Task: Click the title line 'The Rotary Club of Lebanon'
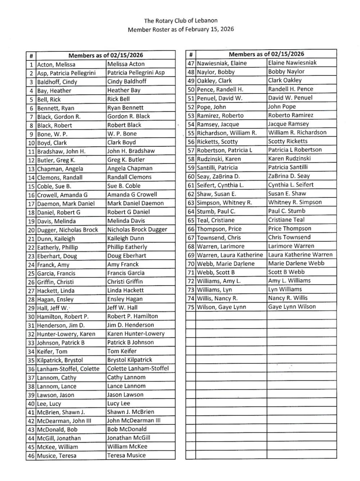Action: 181,21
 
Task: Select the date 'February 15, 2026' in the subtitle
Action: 210,29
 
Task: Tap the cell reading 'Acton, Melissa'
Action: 56,65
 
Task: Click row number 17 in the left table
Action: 31,204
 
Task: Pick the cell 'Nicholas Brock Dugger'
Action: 137,230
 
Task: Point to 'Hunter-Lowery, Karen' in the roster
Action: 66,334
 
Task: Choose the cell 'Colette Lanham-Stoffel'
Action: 138,368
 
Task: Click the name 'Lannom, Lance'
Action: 57,386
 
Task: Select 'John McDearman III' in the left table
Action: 134,421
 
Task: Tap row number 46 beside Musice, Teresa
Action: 31,456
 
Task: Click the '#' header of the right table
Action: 191,55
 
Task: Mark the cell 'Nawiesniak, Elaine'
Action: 222,63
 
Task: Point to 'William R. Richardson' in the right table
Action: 297,132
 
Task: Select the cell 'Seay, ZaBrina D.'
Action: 219,176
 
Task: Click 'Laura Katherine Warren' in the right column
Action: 300,255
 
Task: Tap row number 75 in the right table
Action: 191,307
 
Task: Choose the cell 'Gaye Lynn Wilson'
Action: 292,307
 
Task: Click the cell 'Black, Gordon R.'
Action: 59,117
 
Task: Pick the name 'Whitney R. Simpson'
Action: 295,202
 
